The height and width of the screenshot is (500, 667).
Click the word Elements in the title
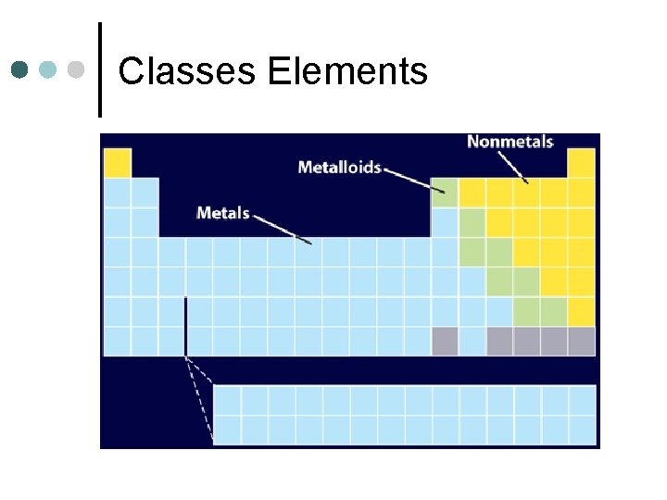347,71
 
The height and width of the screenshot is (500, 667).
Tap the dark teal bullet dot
21,69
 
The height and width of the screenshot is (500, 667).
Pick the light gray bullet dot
78,69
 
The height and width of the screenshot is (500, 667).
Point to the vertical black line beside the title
99,69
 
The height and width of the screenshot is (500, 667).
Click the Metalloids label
339,168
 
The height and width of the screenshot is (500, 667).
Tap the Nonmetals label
510,142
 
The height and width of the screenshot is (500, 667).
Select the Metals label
223,213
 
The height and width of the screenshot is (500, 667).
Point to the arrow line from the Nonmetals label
512,167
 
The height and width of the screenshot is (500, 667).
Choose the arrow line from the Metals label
282,229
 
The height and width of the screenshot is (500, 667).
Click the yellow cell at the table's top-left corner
118,163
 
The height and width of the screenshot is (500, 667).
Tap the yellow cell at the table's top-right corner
581,163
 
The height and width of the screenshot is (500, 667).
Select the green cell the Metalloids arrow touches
445,193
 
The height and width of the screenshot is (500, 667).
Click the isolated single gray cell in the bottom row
445,341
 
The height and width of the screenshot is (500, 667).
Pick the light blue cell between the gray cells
472,341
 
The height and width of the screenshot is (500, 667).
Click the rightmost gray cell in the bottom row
581,341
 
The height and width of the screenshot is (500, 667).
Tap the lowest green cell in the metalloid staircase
554,311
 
